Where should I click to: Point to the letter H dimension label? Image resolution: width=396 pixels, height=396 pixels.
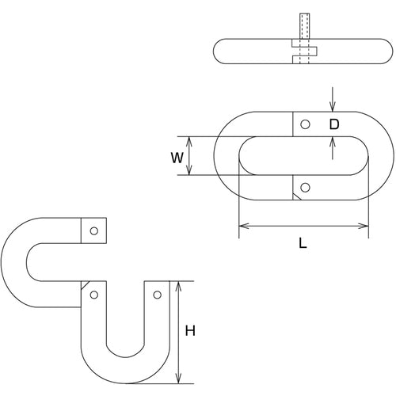point(190,332)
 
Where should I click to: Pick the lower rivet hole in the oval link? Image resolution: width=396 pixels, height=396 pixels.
point(307,188)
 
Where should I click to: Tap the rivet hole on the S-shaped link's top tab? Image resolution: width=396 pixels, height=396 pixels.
point(94,230)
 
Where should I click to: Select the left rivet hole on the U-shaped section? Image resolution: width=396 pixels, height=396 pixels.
point(94,295)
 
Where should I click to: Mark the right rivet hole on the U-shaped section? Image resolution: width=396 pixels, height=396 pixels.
point(157,295)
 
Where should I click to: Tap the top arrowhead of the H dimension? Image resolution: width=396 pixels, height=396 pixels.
point(180,284)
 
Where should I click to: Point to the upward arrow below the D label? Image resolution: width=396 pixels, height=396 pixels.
point(333,141)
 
